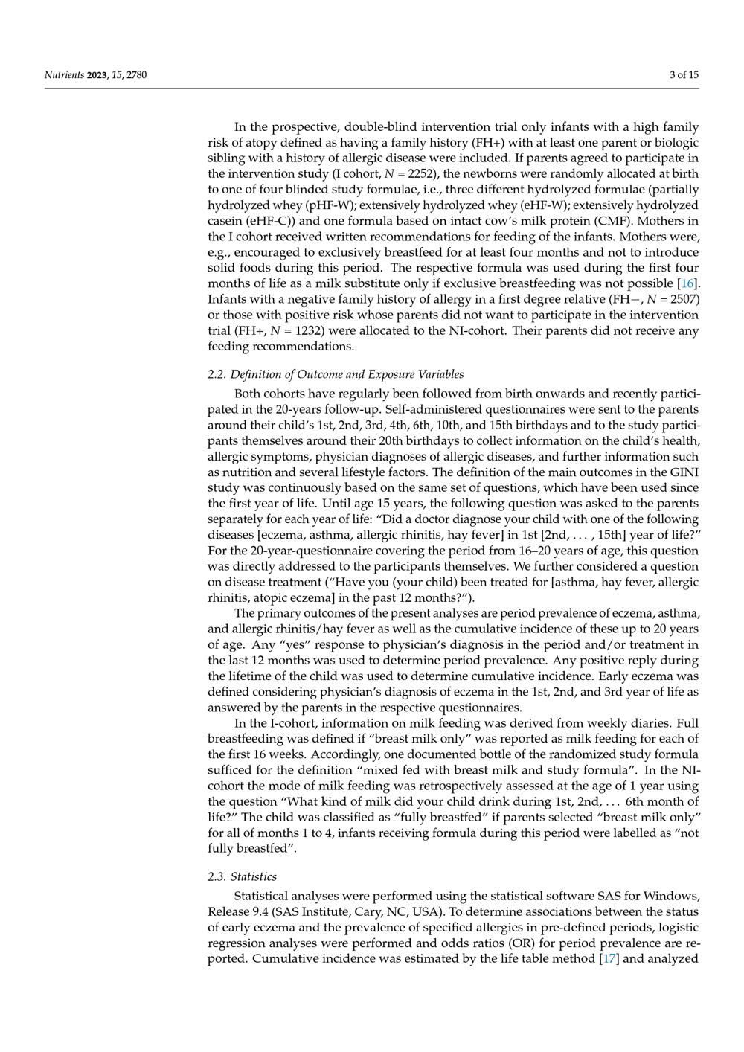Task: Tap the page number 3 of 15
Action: pos(684,74)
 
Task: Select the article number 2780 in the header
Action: pos(135,74)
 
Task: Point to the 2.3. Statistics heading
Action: pos(242,876)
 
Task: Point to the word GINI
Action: pos(685,472)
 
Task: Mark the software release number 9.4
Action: pos(264,911)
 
